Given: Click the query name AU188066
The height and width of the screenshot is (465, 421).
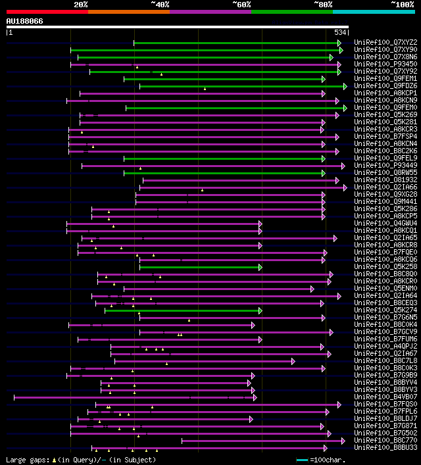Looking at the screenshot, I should click(x=25, y=21).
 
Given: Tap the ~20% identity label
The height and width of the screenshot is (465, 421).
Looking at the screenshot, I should click(x=80, y=4).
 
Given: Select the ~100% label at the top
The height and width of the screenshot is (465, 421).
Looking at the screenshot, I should click(x=403, y=4).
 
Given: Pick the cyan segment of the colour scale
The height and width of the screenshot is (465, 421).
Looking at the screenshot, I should click(x=374, y=11).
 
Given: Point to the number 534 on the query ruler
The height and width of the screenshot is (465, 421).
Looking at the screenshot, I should click(x=340, y=32).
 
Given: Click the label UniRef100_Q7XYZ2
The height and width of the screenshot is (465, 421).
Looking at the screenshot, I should click(x=385, y=43).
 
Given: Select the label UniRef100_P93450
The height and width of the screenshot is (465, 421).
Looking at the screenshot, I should click(x=385, y=64).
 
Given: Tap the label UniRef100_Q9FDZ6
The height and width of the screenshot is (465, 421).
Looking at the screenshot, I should click(x=385, y=86).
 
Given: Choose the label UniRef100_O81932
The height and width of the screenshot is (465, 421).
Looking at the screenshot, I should click(x=385, y=180).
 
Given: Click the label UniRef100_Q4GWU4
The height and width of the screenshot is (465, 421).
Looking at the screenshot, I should click(x=385, y=224).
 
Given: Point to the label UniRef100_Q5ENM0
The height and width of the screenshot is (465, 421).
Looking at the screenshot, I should click(x=385, y=288).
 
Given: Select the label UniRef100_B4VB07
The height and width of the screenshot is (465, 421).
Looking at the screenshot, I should click(x=385, y=397).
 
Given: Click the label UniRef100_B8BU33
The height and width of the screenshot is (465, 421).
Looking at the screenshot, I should click(x=385, y=448).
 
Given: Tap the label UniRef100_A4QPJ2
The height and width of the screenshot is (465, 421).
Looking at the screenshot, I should click(x=385, y=347).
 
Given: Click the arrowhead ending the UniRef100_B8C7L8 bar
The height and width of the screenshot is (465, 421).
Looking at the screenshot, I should click(x=293, y=361).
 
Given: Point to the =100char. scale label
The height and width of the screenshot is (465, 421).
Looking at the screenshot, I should click(x=326, y=460).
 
